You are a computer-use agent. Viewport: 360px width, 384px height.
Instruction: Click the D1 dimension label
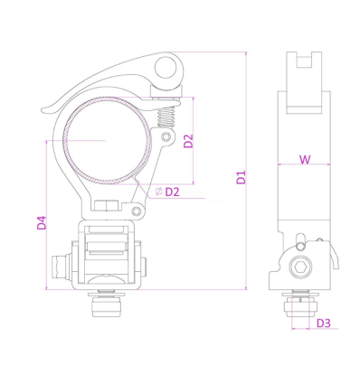242,174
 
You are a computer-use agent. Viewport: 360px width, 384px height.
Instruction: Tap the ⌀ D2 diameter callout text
168,192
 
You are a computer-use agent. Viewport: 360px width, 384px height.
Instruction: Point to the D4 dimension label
42,221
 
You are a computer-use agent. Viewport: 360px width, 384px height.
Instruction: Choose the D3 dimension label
323,323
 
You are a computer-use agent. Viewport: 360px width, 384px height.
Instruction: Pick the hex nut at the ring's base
106,206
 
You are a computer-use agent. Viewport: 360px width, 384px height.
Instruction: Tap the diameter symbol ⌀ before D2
158,192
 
